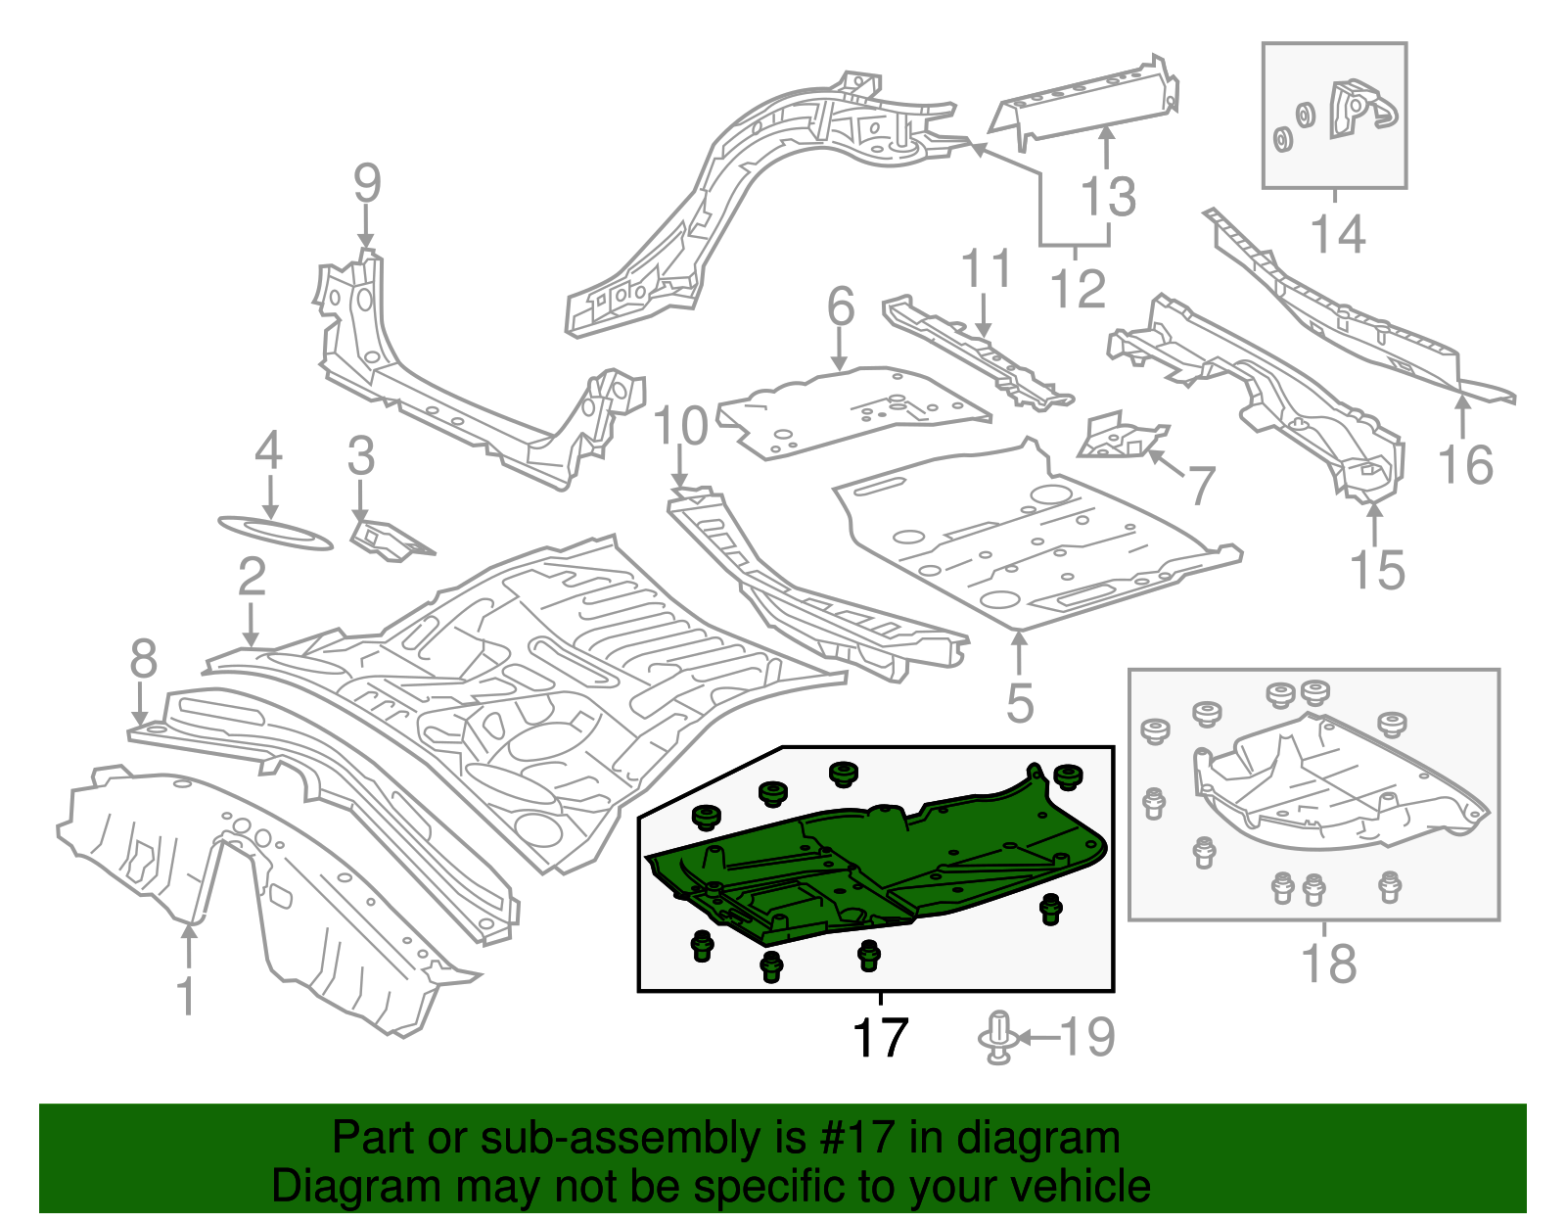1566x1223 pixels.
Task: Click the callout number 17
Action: pyautogui.click(x=880, y=1039)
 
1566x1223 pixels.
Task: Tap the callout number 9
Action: pyautogui.click(x=366, y=184)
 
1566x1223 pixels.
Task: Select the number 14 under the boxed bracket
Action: pyautogui.click(x=1337, y=235)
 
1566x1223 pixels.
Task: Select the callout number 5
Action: pyautogui.click(x=1020, y=703)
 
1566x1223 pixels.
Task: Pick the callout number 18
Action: pyautogui.click(x=1328, y=964)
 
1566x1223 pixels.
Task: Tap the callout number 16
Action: pyautogui.click(x=1465, y=465)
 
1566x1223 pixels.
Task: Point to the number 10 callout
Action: pyautogui.click(x=680, y=427)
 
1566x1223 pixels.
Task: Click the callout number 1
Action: pyautogui.click(x=186, y=996)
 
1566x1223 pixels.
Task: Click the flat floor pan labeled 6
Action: pyautogui.click(x=852, y=411)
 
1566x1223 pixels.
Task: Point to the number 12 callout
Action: pyautogui.click(x=1078, y=289)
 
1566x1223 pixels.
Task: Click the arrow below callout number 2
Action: pyautogui.click(x=252, y=627)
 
